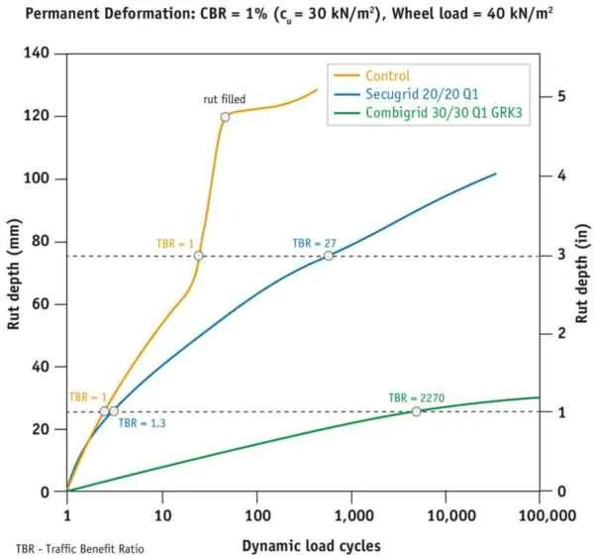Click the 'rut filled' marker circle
[x=225, y=117]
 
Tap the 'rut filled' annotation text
[x=225, y=99]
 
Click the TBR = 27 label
[x=315, y=243]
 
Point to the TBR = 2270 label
[x=417, y=397]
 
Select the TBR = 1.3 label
[x=142, y=423]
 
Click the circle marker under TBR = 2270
[x=417, y=411]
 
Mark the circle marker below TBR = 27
[x=329, y=256]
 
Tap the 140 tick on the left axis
[x=37, y=53]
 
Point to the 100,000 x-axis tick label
[x=547, y=515]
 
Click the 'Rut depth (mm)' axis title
[x=14, y=275]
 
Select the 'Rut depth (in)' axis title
[x=582, y=274]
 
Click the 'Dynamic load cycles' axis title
[x=312, y=546]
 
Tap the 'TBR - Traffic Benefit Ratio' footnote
[x=80, y=549]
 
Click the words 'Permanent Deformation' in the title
[x=108, y=14]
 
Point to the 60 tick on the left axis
[x=41, y=304]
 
